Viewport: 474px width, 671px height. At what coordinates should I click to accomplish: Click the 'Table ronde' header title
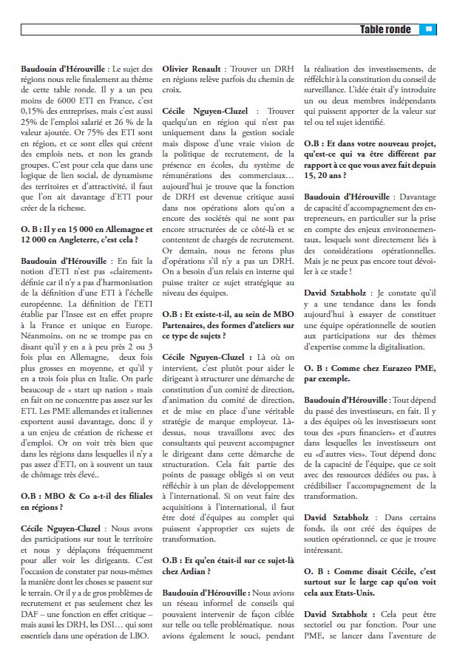[385, 30]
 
